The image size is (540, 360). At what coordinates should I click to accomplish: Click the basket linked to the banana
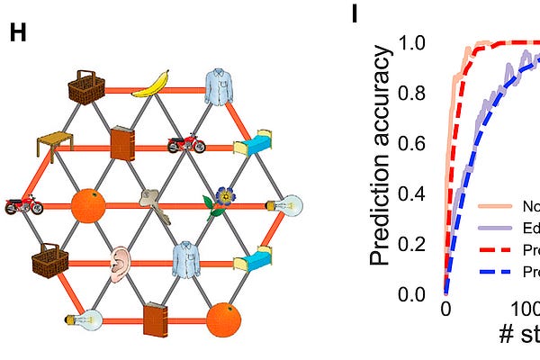(x=87, y=86)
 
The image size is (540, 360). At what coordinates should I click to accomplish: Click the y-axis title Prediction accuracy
(x=383, y=157)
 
